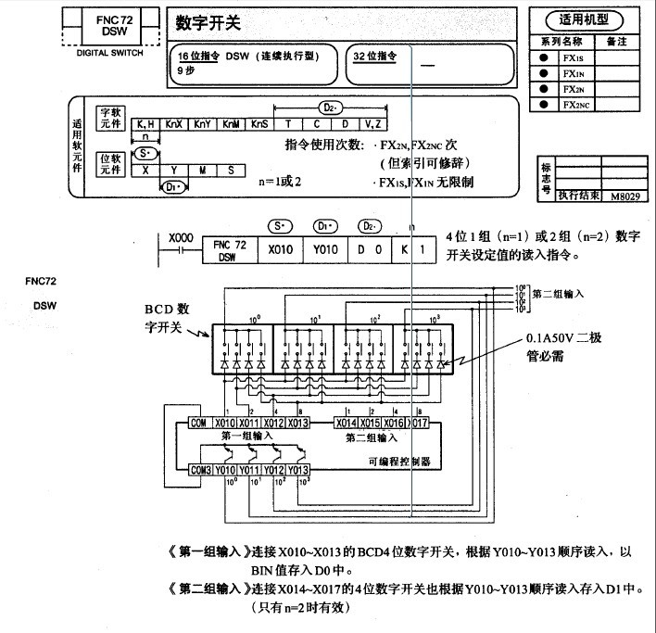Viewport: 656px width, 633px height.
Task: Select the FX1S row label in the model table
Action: point(573,57)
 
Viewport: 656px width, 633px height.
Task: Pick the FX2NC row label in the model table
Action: point(575,105)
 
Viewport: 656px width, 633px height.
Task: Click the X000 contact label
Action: point(182,238)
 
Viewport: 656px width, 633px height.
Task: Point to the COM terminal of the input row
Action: point(198,423)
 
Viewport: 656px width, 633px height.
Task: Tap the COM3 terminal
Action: point(200,470)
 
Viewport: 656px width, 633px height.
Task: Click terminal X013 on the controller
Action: point(296,423)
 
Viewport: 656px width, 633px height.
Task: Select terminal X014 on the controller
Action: point(347,423)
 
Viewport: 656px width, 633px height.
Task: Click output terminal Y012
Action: point(273,470)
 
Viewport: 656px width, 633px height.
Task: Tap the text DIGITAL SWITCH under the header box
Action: point(107,53)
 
